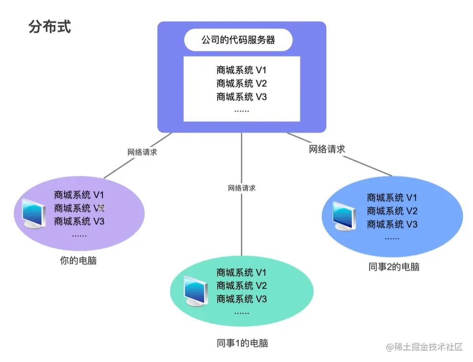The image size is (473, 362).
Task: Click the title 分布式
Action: pos(50,26)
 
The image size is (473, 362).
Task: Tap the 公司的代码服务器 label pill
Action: pos(238,40)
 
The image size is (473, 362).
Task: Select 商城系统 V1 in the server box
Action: pos(241,70)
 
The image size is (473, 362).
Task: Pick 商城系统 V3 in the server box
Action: pos(241,97)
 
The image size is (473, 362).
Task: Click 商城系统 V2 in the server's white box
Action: pos(241,83)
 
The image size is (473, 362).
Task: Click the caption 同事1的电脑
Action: pos(242,343)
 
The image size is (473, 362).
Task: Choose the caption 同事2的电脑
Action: pos(394,267)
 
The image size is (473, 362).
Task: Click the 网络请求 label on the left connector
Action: pos(142,153)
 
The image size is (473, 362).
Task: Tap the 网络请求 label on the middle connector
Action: pos(242,188)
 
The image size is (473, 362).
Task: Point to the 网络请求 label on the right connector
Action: pos(327,149)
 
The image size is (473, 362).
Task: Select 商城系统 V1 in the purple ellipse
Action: pos(79,195)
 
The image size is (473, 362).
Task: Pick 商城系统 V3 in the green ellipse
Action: pos(241,299)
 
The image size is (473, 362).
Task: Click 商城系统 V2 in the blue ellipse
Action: pos(392,211)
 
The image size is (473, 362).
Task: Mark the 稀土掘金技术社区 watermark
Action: pos(425,347)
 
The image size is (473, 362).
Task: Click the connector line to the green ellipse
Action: pos(242,220)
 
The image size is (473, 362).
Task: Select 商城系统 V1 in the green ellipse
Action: pos(241,272)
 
